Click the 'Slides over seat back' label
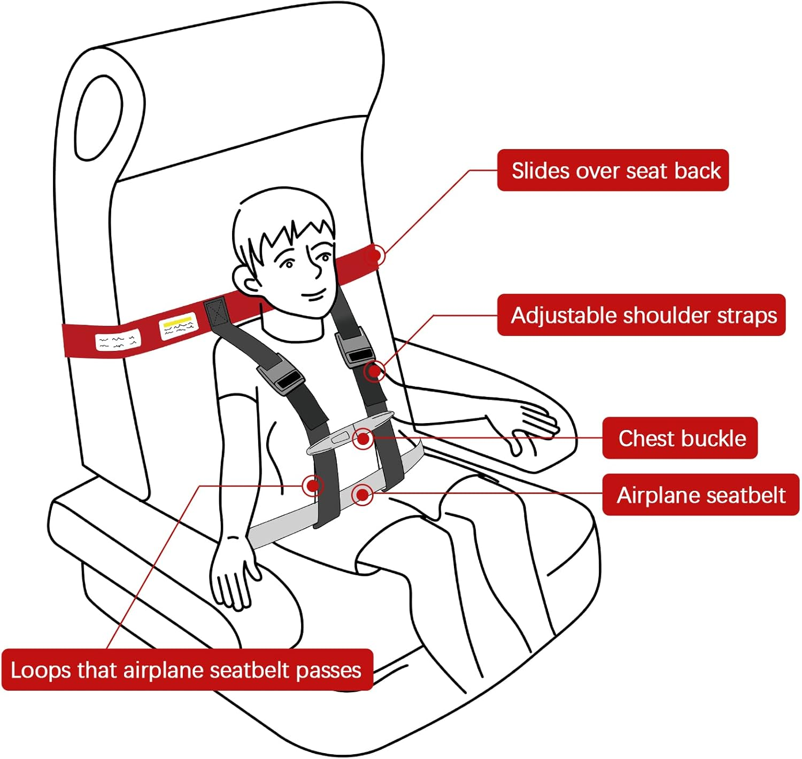click(x=613, y=170)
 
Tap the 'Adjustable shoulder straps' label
click(x=641, y=315)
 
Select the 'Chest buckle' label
click(x=680, y=438)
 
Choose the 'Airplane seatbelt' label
click(x=700, y=495)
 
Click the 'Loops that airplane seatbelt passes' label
click(x=187, y=670)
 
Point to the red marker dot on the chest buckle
click(x=363, y=439)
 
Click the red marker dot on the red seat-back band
click(x=375, y=256)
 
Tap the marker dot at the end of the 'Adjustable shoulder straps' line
click(x=375, y=371)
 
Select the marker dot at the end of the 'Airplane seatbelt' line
click(x=363, y=495)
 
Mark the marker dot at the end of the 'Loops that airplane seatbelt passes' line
click(x=313, y=486)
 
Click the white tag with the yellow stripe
click(x=178, y=326)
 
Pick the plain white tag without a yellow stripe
click(x=118, y=340)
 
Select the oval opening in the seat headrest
click(x=99, y=118)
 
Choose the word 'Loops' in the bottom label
click(x=40, y=670)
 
